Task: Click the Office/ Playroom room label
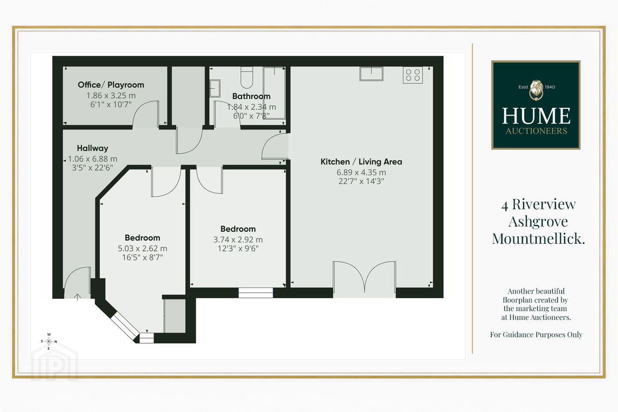[x=111, y=85]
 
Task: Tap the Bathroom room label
[x=251, y=96]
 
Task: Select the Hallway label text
[x=92, y=148]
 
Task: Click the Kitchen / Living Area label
[x=361, y=162]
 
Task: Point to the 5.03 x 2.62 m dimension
[x=142, y=248]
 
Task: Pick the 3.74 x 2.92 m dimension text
[x=238, y=239]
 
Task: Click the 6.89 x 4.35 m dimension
[x=361, y=173]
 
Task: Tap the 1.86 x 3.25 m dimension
[x=111, y=95]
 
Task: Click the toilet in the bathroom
[x=247, y=77]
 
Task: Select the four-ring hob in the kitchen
[x=413, y=75]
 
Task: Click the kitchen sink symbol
[x=371, y=74]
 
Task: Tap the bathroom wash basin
[x=215, y=88]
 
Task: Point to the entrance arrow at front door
[x=77, y=297]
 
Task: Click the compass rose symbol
[x=49, y=342]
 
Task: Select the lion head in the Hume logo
[x=536, y=90]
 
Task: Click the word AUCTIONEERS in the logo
[x=536, y=131]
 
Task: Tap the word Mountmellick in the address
[x=538, y=239]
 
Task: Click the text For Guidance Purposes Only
[x=536, y=335]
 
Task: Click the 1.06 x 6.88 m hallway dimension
[x=92, y=159]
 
